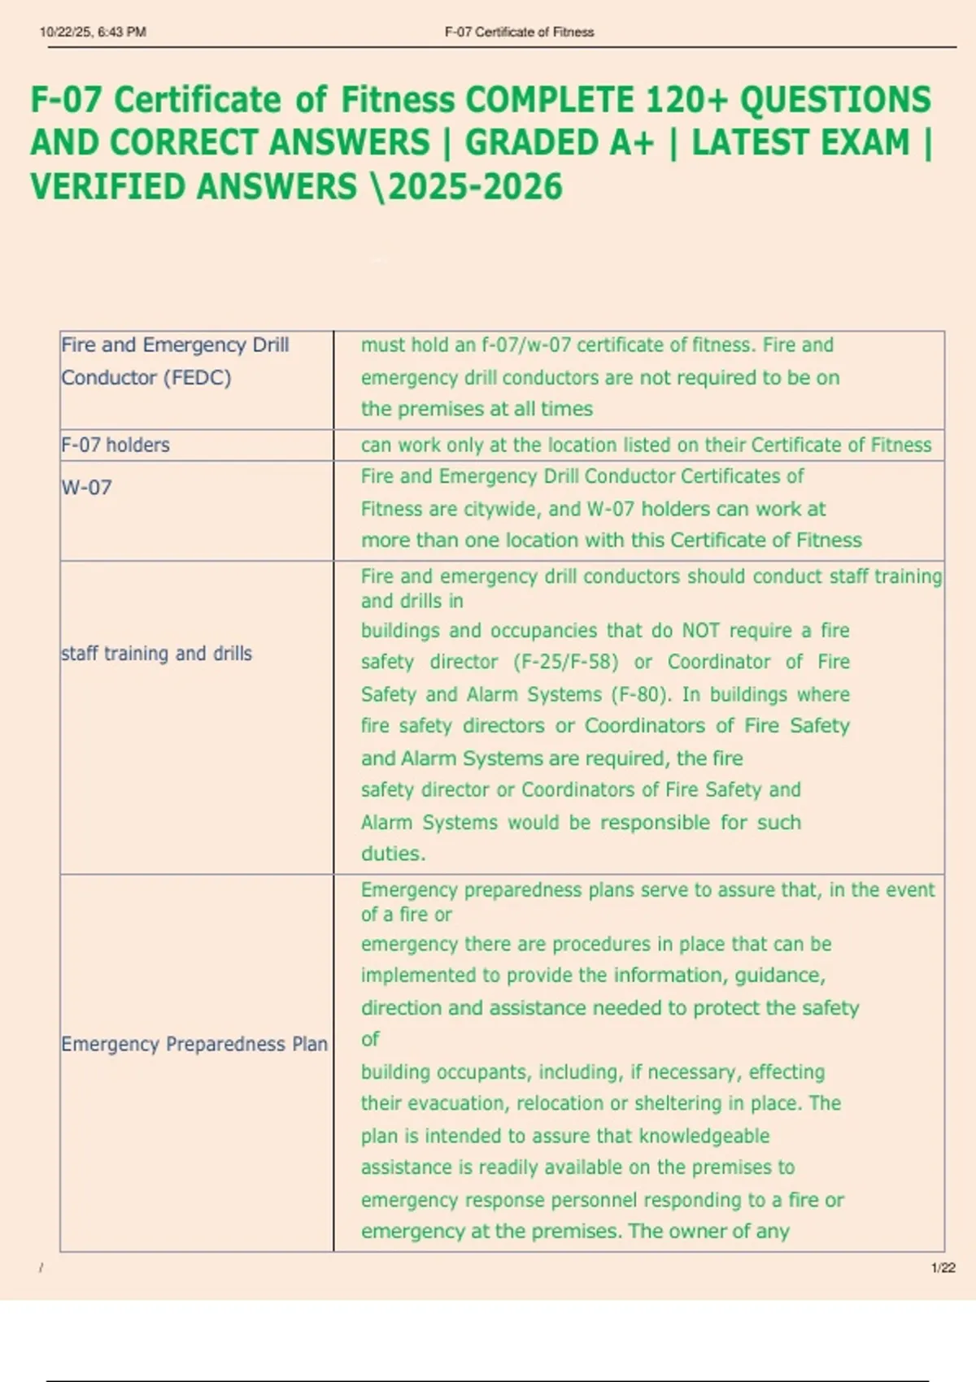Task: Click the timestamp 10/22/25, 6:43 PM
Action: coord(93,33)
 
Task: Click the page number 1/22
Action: coord(943,1267)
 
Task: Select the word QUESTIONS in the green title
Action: coord(834,100)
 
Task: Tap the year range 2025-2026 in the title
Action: coord(475,187)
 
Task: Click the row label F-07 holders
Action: coord(115,445)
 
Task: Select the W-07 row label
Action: coord(86,488)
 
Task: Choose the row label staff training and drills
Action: coord(156,654)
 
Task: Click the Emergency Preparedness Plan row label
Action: coord(194,1044)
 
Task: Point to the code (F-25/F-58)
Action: coord(566,663)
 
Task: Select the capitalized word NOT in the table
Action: coord(700,631)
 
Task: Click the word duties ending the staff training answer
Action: coord(392,854)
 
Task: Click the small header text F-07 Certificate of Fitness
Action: coord(519,33)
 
